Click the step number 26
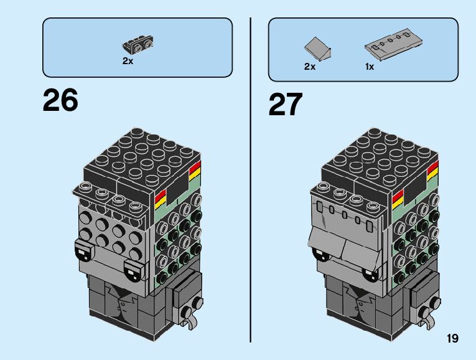[60, 100]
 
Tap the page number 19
[452, 338]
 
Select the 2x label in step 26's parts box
[128, 62]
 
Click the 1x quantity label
[370, 67]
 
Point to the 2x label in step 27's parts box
[310, 67]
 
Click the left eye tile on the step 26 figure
[82, 250]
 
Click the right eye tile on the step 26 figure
[133, 270]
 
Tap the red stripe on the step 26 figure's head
[160, 199]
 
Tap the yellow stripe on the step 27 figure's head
[398, 202]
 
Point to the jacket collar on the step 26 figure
[119, 298]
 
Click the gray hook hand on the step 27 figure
[427, 320]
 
